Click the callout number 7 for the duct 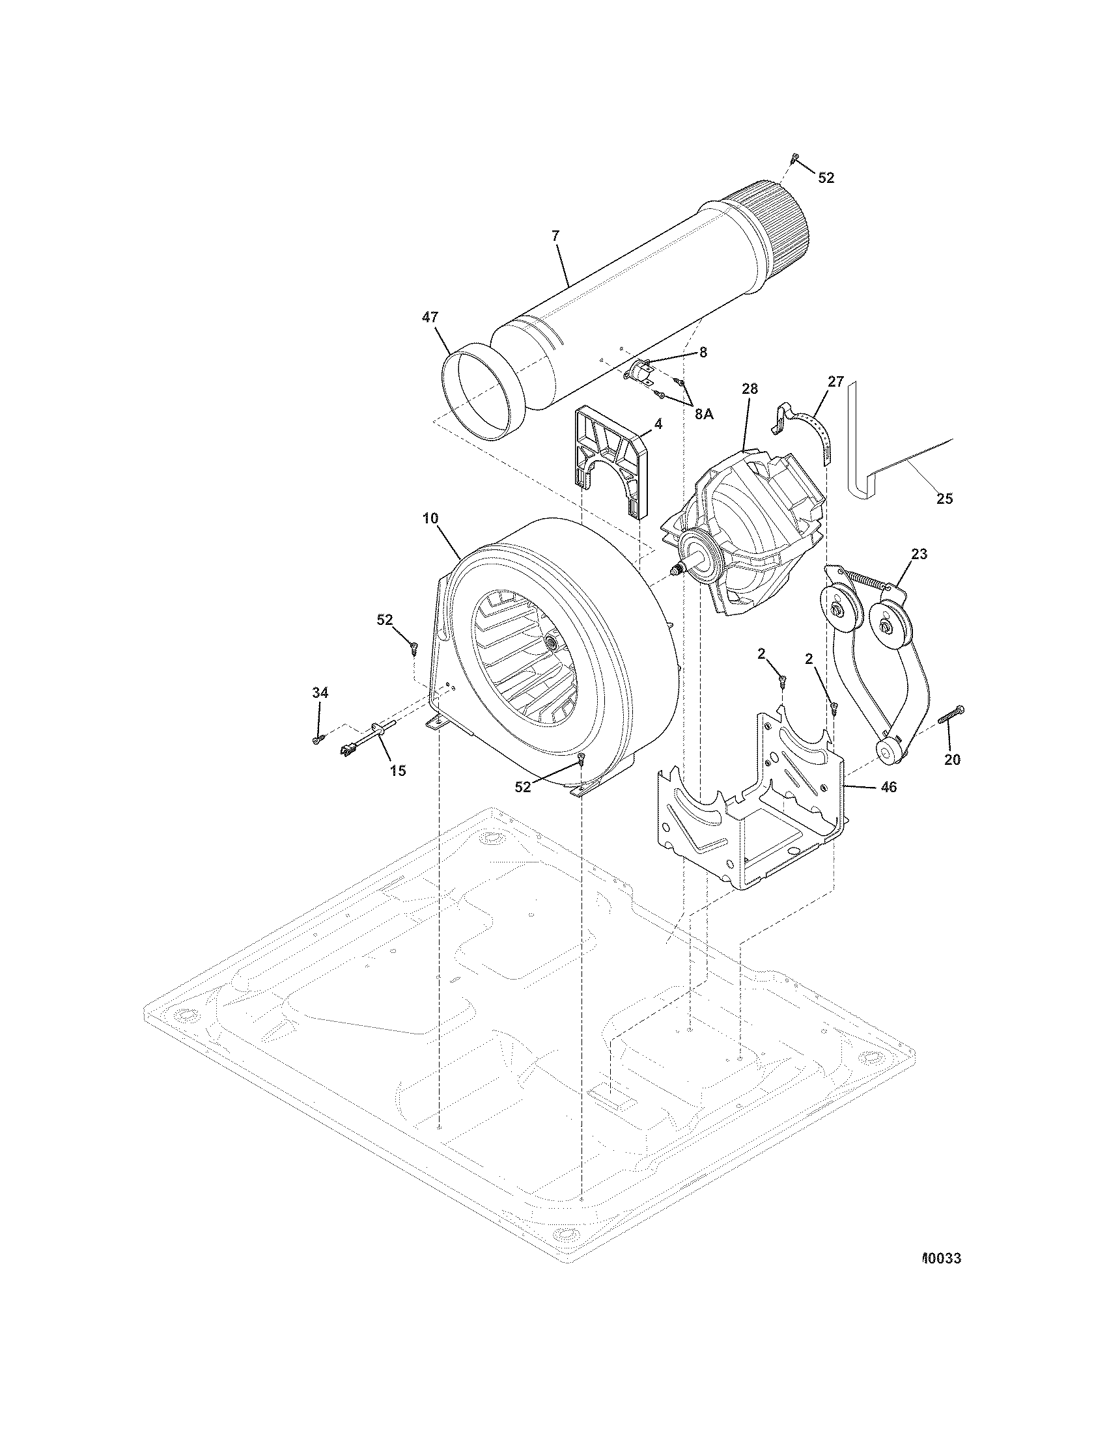click(x=555, y=237)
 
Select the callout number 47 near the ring click(x=430, y=317)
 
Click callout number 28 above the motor click(x=750, y=389)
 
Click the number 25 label click(x=944, y=499)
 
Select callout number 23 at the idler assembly click(x=919, y=554)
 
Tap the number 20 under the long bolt click(x=952, y=759)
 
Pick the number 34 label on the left click(x=320, y=693)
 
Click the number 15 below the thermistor click(x=398, y=771)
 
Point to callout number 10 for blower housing click(x=430, y=518)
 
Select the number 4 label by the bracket click(x=658, y=424)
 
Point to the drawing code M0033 click(x=942, y=1259)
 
